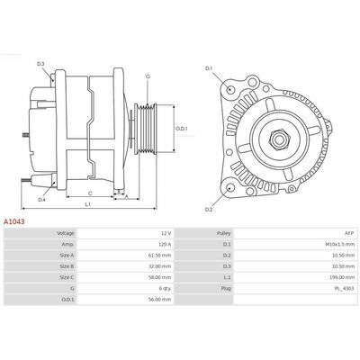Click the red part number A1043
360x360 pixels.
coord(13,221)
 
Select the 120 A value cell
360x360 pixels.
coord(165,245)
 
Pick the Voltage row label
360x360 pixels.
coord(65,233)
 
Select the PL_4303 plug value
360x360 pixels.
coord(346,288)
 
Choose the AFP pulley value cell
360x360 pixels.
coord(350,233)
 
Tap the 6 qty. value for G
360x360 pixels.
coord(166,288)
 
